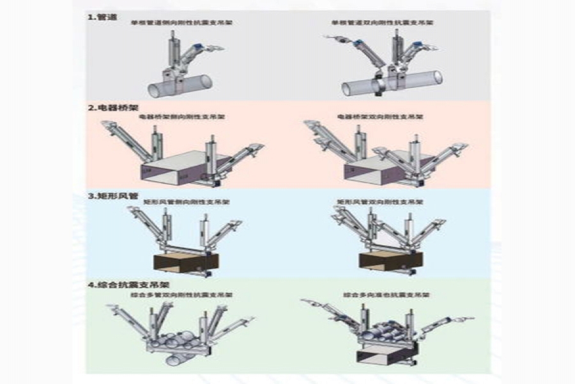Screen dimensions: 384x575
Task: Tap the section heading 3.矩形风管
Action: tap(112, 195)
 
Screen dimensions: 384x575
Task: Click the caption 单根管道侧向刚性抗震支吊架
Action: tap(172, 22)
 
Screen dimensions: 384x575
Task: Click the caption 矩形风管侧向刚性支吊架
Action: tap(187, 202)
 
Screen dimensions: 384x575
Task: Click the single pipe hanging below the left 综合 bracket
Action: tap(176, 360)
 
